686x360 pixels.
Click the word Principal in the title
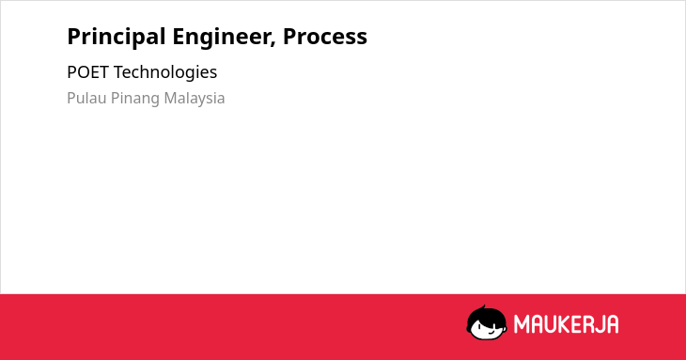116,38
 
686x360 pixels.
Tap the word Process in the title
325,37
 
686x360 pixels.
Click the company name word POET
88,72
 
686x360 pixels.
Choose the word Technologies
165,73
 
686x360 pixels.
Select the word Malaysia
195,99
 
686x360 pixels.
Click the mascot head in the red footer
487,323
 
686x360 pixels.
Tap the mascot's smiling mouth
491,332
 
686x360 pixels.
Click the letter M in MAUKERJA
522,324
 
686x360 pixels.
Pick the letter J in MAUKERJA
599,324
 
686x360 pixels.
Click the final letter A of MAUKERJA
612,324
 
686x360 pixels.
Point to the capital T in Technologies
118,72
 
